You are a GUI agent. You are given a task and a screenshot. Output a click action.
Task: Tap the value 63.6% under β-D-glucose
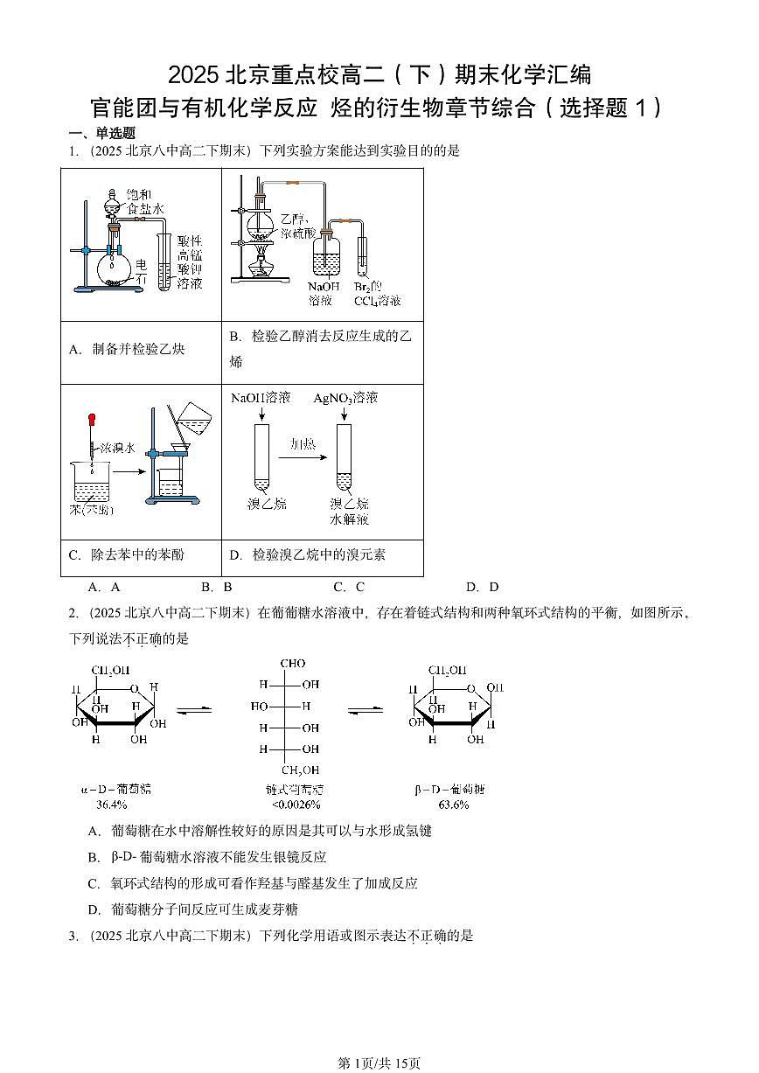454,804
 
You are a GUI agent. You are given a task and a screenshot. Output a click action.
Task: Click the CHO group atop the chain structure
293,664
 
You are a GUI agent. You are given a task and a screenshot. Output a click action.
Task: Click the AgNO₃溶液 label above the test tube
345,398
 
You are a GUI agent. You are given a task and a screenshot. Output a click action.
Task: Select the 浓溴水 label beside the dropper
116,448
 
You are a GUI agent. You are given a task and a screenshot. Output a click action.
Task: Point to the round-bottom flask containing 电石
115,268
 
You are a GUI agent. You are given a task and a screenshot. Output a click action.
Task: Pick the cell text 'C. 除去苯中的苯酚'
126,554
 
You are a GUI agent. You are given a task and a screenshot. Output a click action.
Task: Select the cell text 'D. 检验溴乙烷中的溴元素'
307,554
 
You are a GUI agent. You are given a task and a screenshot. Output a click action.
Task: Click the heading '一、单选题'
102,133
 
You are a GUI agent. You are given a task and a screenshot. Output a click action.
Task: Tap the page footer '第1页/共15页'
379,1063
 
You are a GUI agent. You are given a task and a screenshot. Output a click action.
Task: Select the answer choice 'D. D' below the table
482,588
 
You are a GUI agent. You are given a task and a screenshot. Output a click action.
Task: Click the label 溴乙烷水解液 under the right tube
349,512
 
